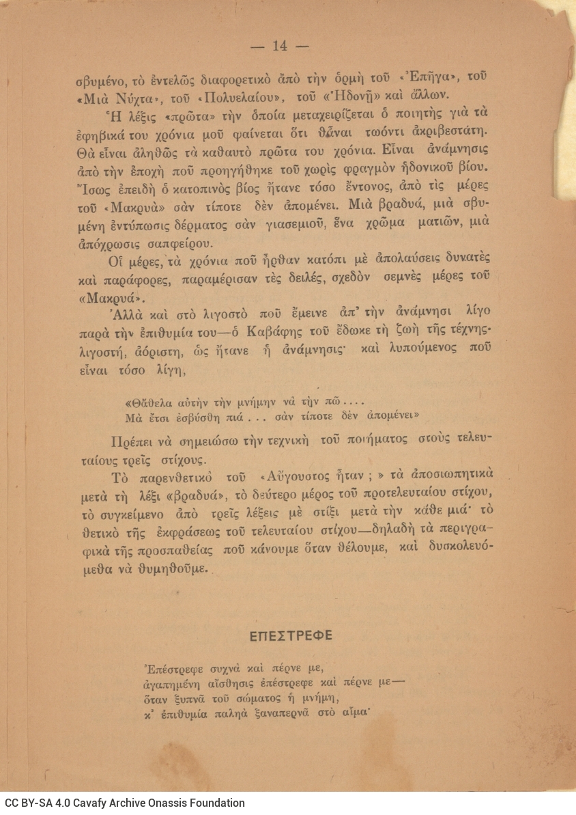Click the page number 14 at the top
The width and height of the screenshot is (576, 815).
click(x=280, y=46)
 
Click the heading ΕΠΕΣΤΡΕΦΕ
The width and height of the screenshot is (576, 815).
click(x=291, y=636)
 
